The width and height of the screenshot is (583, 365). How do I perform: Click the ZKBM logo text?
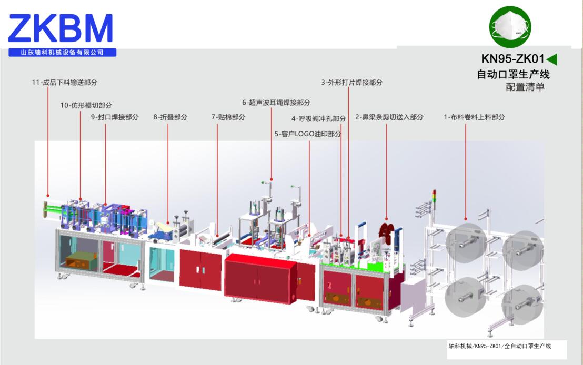(x=61, y=28)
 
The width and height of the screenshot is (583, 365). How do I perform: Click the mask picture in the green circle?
(x=510, y=26)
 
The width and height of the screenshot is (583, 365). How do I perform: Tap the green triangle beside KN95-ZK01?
(x=552, y=59)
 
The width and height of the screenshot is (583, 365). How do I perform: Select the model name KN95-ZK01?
(x=512, y=59)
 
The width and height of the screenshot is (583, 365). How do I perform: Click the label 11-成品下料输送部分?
(x=65, y=83)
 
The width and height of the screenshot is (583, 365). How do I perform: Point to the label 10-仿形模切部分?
(x=86, y=105)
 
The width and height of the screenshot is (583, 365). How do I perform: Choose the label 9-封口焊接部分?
(x=115, y=117)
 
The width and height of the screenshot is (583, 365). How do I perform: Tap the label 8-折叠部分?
(x=170, y=117)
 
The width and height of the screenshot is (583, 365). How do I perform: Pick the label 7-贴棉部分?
(x=228, y=117)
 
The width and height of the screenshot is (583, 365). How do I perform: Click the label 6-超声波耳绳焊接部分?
(x=276, y=103)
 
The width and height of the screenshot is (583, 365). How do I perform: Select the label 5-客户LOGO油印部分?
(x=308, y=134)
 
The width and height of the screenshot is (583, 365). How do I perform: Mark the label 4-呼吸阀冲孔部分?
(x=319, y=119)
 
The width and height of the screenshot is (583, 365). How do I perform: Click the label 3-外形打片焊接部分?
(x=352, y=83)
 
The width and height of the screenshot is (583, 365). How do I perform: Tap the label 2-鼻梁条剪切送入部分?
(x=389, y=117)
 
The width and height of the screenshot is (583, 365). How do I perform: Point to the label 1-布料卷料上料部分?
(x=474, y=117)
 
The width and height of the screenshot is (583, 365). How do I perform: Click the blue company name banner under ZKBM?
(x=62, y=53)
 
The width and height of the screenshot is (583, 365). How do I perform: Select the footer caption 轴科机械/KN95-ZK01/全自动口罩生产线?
(x=499, y=346)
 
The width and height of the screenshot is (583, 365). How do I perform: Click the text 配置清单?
(x=525, y=87)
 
